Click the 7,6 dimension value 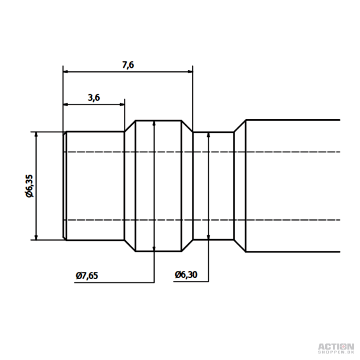pos(128,66)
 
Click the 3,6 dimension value pos(93,98)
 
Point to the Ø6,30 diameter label pos(186,275)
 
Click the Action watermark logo pos(335,348)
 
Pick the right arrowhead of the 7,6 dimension pos(190,72)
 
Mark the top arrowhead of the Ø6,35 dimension pos(37,134)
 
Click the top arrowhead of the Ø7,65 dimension pos(153,123)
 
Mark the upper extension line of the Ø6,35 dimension pos(47,131)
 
